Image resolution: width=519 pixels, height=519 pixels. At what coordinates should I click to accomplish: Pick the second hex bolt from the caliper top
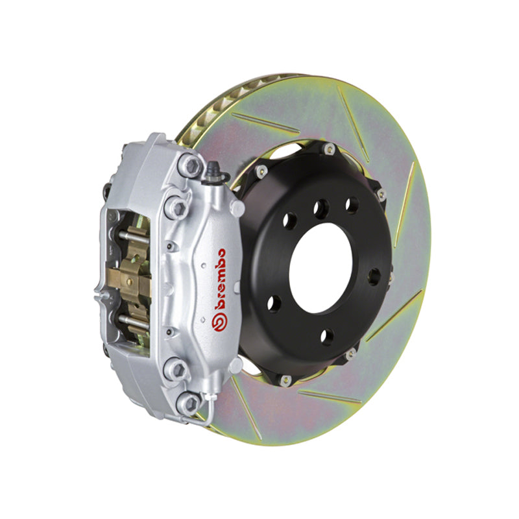pos(176,206)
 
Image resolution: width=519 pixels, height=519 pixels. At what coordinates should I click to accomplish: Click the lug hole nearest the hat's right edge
pos(374,277)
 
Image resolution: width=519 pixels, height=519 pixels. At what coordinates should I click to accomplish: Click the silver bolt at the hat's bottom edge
pos(351,354)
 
